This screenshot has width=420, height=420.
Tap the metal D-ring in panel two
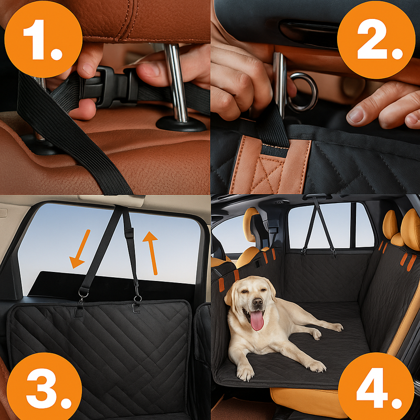[x=303, y=92]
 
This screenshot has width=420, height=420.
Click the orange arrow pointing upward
[x=152, y=253]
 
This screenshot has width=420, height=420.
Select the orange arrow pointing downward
[x=80, y=249]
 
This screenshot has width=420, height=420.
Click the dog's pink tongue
[x=257, y=320]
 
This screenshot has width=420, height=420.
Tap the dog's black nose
[x=257, y=301]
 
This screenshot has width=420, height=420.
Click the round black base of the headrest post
[x=181, y=124]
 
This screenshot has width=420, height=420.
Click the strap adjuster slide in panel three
[x=129, y=233]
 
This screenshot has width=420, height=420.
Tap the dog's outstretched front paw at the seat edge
[x=245, y=372]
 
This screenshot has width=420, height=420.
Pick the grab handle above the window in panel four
[x=316, y=197]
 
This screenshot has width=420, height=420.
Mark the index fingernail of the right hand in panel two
[x=355, y=114]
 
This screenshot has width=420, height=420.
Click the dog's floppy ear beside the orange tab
[x=228, y=296]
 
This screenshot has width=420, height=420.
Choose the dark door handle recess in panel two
[x=308, y=33]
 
